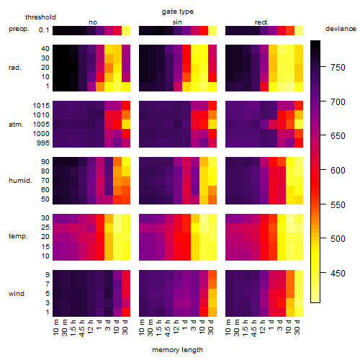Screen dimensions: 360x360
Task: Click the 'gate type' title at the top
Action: [178, 12]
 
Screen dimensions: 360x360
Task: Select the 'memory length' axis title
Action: [177, 350]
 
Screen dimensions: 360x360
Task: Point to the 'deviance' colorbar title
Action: [341, 29]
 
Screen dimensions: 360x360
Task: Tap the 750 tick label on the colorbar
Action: [338, 68]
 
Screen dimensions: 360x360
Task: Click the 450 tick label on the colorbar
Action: [338, 274]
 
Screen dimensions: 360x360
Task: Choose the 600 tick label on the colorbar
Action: [338, 171]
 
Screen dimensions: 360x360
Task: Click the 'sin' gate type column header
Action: [177, 22]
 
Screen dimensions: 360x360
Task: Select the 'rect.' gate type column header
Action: [261, 22]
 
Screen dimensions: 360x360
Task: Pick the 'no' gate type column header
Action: [93, 22]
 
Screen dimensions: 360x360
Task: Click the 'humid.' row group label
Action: [20, 181]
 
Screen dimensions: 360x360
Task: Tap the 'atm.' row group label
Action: [16, 125]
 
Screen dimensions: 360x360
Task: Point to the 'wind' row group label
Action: [17, 294]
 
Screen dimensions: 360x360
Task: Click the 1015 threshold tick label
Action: [41, 106]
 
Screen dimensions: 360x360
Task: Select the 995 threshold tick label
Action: [43, 143]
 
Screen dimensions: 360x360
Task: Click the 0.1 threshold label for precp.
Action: [44, 30]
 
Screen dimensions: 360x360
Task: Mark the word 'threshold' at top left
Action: [40, 17]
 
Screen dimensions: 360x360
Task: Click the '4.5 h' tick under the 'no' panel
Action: [82, 328]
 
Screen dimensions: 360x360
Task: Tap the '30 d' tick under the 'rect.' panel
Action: [297, 327]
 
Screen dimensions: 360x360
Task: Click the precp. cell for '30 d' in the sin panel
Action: [212, 30]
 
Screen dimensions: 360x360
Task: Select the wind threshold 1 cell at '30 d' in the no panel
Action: [126, 312]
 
